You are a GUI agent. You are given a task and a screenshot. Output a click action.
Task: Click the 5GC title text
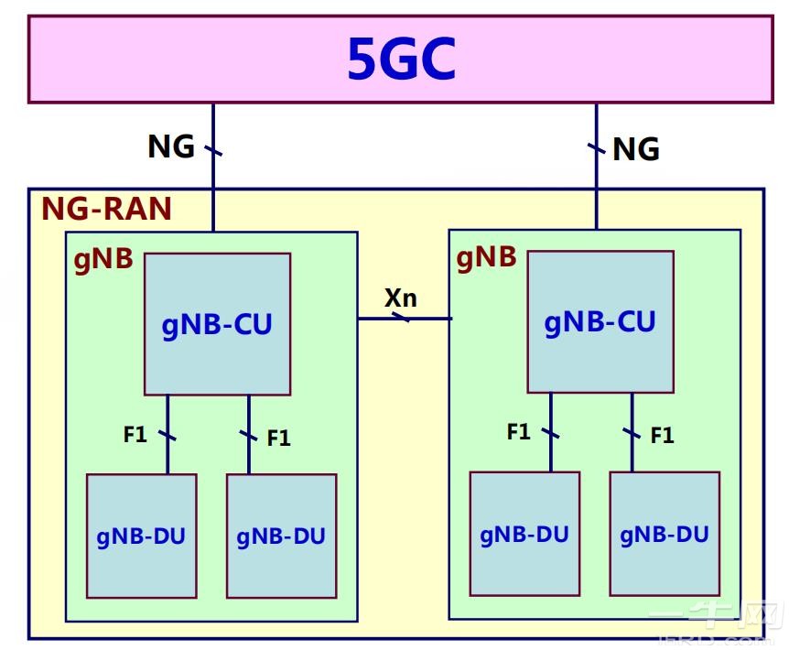[x=401, y=60]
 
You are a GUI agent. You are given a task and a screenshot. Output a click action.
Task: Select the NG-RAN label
[x=106, y=209]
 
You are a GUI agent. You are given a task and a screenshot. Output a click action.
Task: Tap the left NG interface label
[x=171, y=146]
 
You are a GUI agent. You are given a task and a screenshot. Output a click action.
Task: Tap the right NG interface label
[x=635, y=148]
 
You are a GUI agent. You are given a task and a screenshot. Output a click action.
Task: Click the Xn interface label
[x=401, y=298]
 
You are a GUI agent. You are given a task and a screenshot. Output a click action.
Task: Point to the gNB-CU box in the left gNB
[x=217, y=324]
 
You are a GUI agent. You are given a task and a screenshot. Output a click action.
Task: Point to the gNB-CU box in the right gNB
[x=600, y=322]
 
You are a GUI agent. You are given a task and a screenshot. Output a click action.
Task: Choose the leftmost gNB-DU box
[x=141, y=536]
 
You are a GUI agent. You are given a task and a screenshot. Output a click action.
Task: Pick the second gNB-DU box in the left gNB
[x=281, y=536]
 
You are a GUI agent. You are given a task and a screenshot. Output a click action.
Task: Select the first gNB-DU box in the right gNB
[x=524, y=534]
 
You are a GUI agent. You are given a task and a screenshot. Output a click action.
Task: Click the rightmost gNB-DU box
[x=665, y=534]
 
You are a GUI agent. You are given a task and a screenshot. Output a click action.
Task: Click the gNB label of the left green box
[x=103, y=259]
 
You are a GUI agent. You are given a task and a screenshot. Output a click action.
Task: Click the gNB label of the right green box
[x=486, y=257]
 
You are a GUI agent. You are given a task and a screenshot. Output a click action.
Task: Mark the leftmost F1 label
[x=135, y=434]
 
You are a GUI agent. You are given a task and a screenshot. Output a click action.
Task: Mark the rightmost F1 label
[x=662, y=436]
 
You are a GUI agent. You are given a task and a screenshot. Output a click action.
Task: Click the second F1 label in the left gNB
[x=278, y=439]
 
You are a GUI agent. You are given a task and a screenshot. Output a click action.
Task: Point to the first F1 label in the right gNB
[x=519, y=431]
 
